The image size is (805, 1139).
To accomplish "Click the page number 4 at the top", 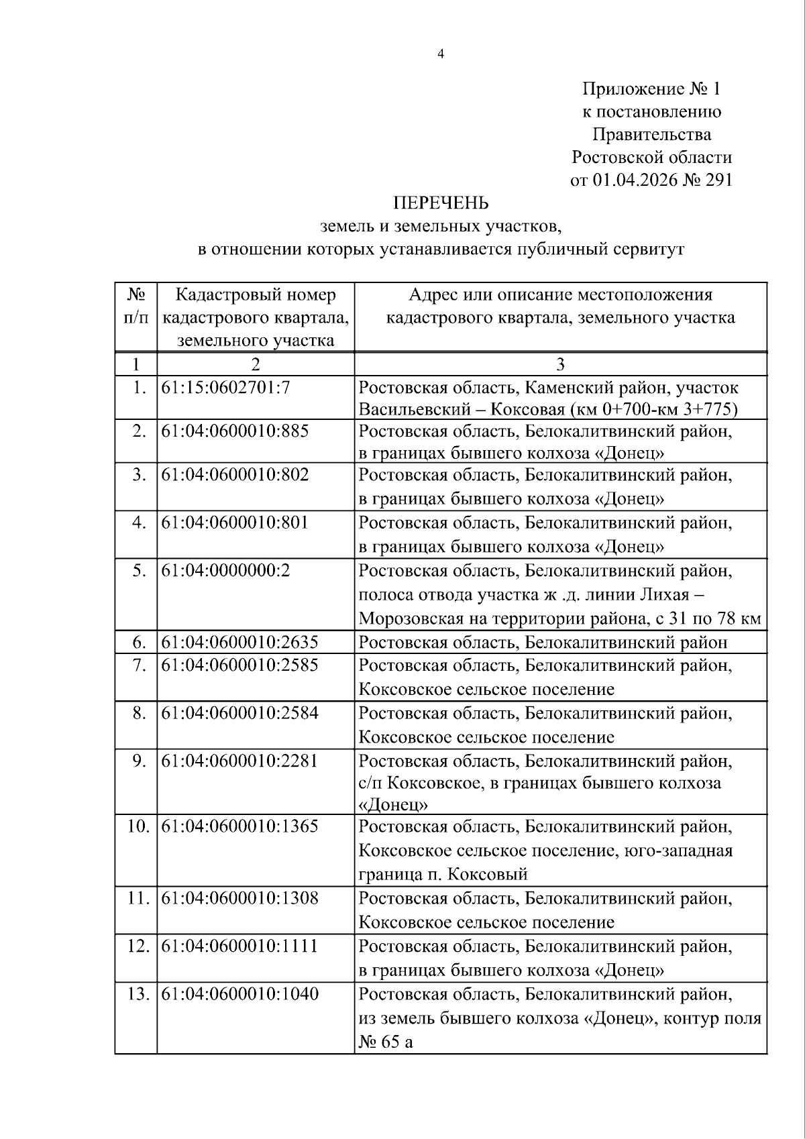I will (440, 55).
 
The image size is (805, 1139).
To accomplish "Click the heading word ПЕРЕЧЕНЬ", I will (440, 203).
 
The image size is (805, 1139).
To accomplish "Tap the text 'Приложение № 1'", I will (651, 89).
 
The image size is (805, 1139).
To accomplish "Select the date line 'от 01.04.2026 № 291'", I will (651, 180).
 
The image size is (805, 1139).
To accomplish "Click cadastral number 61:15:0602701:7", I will (225, 388).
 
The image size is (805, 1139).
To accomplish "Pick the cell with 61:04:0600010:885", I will (235, 431).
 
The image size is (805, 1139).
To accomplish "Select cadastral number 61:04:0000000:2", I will (225, 571).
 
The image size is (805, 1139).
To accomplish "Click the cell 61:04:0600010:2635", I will (239, 643).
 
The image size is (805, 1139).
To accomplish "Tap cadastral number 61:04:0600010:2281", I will (239, 761).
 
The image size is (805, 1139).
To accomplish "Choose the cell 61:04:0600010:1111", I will (239, 946).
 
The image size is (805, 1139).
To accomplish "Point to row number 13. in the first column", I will (138, 994).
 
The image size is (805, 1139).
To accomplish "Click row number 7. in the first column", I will (140, 665).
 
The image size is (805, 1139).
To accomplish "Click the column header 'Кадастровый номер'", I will (256, 295).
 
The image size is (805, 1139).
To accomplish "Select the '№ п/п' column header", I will (136, 306).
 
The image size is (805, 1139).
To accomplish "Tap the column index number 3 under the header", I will (560, 364).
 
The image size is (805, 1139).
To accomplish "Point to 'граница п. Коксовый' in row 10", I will (443, 875).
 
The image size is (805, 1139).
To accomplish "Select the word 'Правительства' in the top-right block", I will (651, 135).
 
